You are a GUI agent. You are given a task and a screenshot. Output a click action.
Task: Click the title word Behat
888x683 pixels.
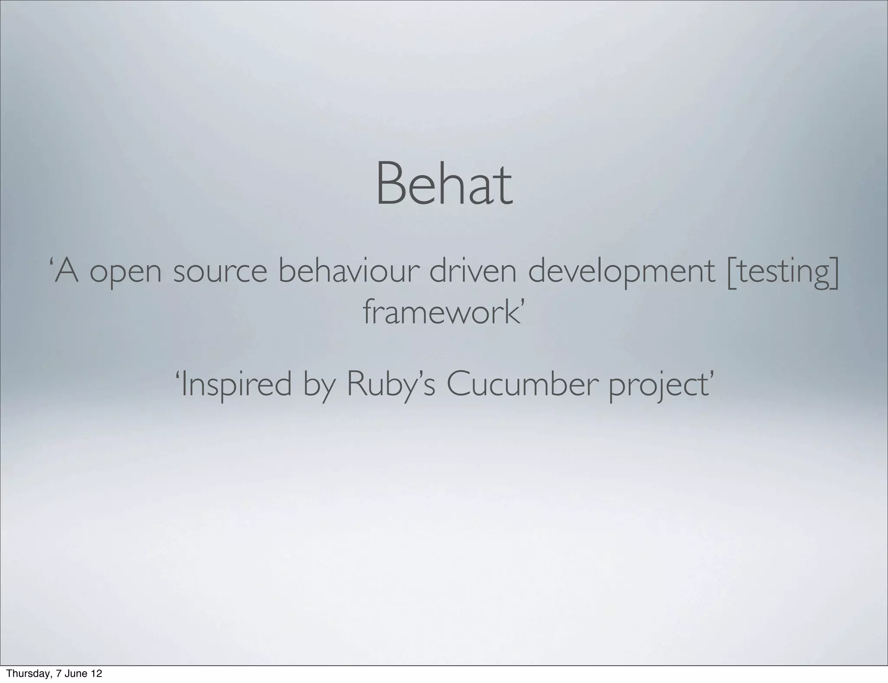pyautogui.click(x=444, y=184)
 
